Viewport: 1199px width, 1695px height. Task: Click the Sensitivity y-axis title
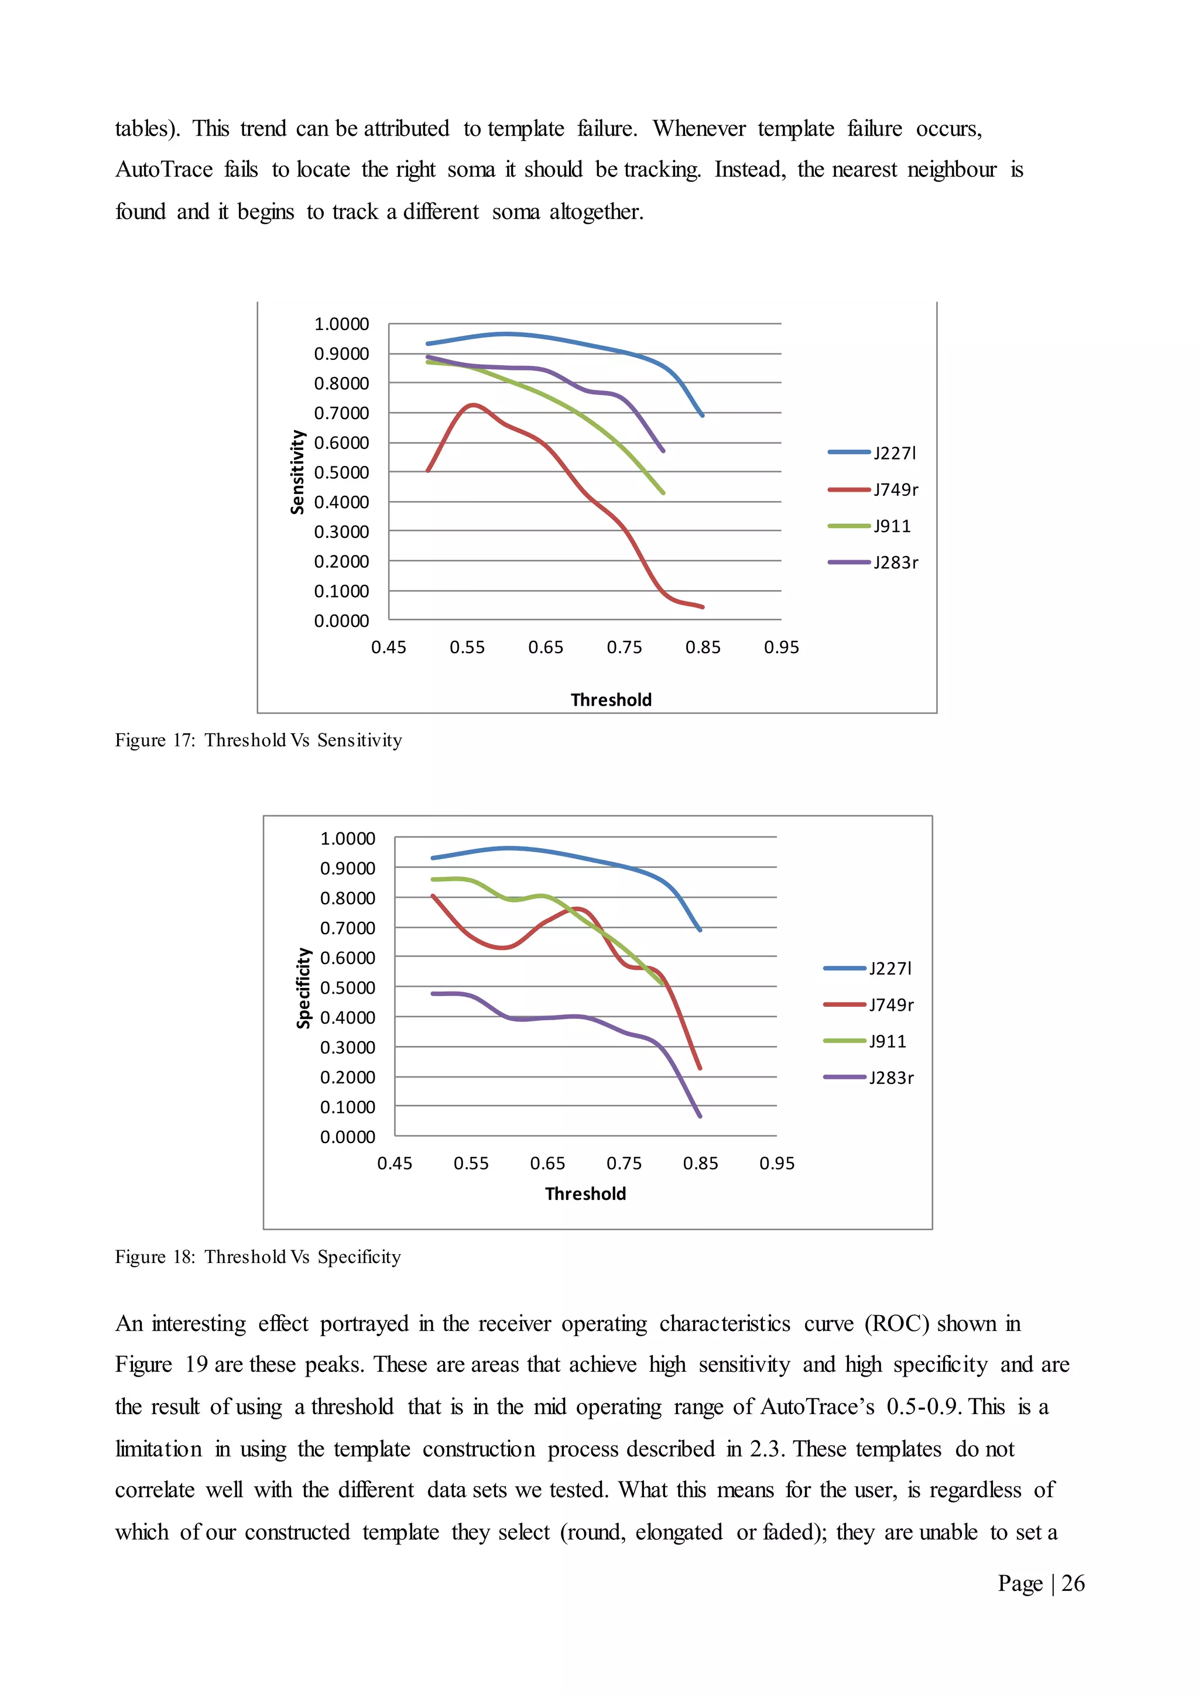pyautogui.click(x=297, y=472)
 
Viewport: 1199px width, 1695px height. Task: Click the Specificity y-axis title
pyautogui.click(x=303, y=988)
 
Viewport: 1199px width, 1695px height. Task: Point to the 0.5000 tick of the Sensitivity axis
pyautogui.click(x=341, y=472)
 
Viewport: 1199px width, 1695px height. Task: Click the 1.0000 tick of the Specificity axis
pyautogui.click(x=347, y=839)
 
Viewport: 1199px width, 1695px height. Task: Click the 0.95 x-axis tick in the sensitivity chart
pyautogui.click(x=781, y=647)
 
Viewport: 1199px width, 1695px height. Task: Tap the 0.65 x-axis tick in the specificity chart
pyautogui.click(x=547, y=1164)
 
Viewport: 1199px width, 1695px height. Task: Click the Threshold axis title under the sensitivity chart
pyautogui.click(x=611, y=700)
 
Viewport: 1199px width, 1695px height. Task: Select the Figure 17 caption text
pyautogui.click(x=258, y=740)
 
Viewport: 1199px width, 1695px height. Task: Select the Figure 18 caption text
pyautogui.click(x=258, y=1257)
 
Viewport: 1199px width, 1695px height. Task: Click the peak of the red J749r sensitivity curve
pyautogui.click(x=472, y=404)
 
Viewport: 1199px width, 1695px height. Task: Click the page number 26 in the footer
pyautogui.click(x=1072, y=1584)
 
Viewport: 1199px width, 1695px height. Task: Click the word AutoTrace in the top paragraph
pyautogui.click(x=164, y=170)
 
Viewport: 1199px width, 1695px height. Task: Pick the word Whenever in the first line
pyautogui.click(x=698, y=128)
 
